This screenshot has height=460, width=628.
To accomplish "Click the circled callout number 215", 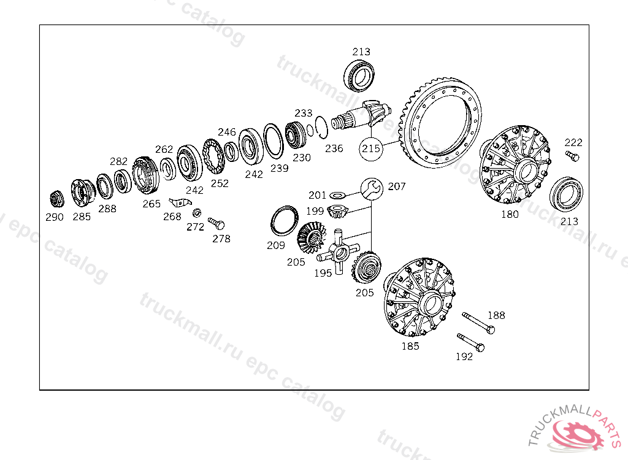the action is point(371,148).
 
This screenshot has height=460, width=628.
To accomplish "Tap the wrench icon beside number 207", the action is point(372,189).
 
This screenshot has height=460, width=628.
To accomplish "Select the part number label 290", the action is point(55,217).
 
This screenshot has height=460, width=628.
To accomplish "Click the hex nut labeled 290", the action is point(57,199).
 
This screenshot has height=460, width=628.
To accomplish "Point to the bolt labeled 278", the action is point(216,223).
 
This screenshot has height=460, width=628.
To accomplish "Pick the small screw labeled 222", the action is point(572,156).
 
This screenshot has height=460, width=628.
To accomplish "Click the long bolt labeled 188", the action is point(478,323).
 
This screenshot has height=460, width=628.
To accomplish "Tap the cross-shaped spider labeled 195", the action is point(339,252).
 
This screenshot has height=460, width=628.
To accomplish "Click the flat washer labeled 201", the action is point(337,196).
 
